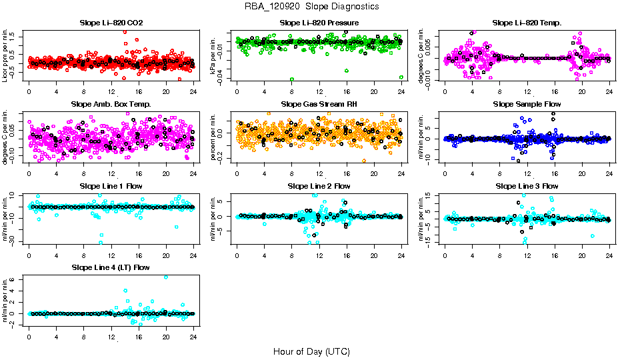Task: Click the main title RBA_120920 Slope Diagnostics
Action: pyautogui.click(x=311, y=6)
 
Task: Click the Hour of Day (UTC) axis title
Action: pyautogui.click(x=311, y=351)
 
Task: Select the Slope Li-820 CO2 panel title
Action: pyautogui.click(x=111, y=23)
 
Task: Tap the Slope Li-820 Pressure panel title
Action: pyautogui.click(x=319, y=23)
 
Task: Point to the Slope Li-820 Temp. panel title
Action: pyautogui.click(x=527, y=23)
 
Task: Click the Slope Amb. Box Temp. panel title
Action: pyautogui.click(x=111, y=104)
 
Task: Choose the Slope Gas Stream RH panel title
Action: pyautogui.click(x=319, y=104)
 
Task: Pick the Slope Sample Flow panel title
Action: pyautogui.click(x=527, y=104)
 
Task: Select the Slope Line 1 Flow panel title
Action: pyautogui.click(x=111, y=185)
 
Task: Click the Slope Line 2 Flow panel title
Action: pyautogui.click(x=319, y=185)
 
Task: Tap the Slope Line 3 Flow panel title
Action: pyautogui.click(x=527, y=185)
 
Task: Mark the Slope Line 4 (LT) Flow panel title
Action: pyautogui.click(x=111, y=267)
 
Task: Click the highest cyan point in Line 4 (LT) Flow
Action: pyautogui.click(x=166, y=277)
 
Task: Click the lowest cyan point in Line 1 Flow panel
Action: pyautogui.click(x=101, y=243)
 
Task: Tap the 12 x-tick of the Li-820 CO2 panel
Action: pyautogui.click(x=111, y=92)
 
